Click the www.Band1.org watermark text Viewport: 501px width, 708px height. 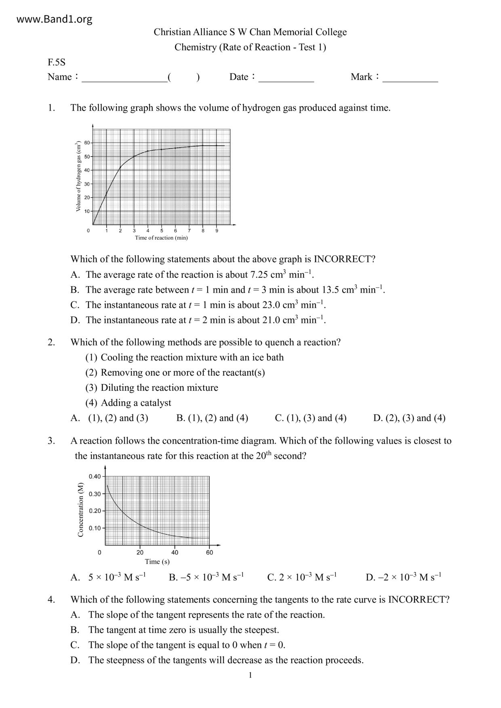[x=55, y=19]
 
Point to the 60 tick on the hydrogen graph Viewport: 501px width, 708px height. [x=87, y=143]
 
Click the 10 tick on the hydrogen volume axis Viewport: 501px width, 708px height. [x=87, y=211]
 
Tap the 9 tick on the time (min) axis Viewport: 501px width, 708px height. [x=217, y=231]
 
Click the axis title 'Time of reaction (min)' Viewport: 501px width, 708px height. [x=161, y=238]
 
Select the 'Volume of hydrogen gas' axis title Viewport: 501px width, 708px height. [x=78, y=176]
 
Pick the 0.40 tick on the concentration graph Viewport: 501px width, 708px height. [x=95, y=476]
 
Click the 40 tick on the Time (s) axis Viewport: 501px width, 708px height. [x=175, y=552]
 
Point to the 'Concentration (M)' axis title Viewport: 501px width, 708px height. [x=80, y=510]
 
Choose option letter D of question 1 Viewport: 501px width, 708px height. [x=75, y=320]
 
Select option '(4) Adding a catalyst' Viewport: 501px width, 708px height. [x=128, y=403]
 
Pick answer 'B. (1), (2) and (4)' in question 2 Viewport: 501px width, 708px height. [x=212, y=418]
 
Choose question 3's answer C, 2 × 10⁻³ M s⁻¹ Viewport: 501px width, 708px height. [x=302, y=577]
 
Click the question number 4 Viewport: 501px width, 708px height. [x=51, y=599]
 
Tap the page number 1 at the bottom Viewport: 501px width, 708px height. [x=250, y=675]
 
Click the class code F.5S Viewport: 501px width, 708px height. [x=56, y=62]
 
